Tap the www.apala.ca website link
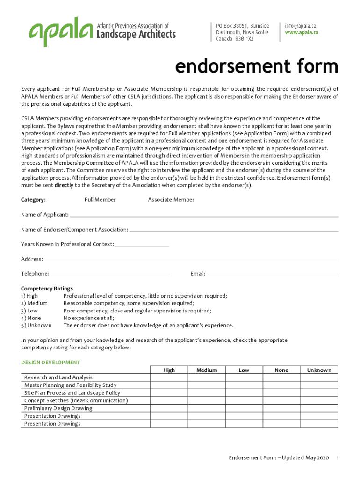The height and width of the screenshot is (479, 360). tap(302, 32)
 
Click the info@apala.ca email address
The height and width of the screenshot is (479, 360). tap(301, 25)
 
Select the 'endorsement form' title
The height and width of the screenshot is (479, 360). tap(256, 66)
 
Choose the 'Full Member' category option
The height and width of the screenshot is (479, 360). tap(100, 200)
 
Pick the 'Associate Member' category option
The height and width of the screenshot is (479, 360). tap(171, 200)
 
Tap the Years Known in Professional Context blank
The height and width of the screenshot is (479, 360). tap(142, 244)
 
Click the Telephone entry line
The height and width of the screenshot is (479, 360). tap(109, 274)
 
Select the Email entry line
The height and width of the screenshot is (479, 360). tap(273, 274)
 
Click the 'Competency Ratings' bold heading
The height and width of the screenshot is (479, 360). tap(47, 289)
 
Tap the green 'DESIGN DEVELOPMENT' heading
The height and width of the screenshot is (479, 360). tap(50, 363)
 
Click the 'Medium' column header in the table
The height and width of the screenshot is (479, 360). tap(207, 370)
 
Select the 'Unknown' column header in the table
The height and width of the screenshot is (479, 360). tap(319, 370)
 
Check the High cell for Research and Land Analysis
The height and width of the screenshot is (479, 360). tap(169, 377)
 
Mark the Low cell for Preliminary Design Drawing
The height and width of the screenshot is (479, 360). tap(244, 408)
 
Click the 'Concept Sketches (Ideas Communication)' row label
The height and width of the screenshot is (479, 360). tap(76, 400)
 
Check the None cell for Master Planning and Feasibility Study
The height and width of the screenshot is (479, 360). tap(281, 385)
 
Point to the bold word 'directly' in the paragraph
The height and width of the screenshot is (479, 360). tap(64, 185)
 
